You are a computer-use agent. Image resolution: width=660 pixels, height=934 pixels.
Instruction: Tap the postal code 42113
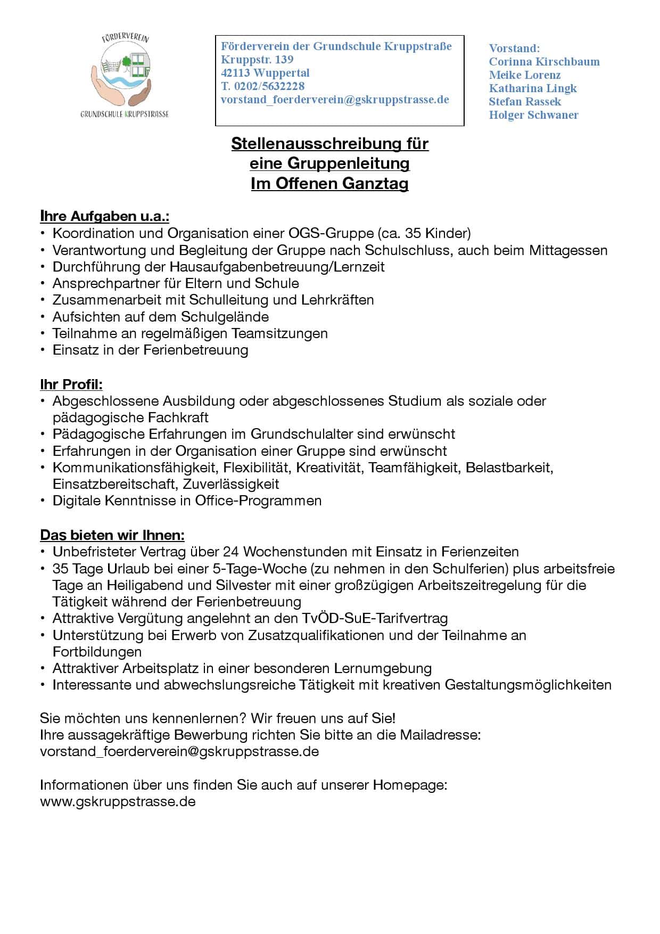236,73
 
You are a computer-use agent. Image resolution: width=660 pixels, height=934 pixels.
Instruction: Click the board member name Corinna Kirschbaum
544,62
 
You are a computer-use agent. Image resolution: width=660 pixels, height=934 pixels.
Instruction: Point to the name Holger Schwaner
533,115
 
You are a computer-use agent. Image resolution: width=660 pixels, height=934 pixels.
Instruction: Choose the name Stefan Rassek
525,102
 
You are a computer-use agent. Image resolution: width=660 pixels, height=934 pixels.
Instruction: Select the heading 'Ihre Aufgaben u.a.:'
105,216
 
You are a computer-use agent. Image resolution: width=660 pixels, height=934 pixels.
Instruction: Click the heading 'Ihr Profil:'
71,384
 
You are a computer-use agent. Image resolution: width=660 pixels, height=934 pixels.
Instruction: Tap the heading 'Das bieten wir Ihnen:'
112,535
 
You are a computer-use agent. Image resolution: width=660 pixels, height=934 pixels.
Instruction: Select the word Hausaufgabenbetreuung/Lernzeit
277,267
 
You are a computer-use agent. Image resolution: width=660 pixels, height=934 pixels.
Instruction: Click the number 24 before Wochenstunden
231,552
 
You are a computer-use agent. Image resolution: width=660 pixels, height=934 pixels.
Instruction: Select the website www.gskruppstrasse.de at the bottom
118,801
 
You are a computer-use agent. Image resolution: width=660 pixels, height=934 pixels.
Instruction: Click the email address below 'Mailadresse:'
179,752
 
